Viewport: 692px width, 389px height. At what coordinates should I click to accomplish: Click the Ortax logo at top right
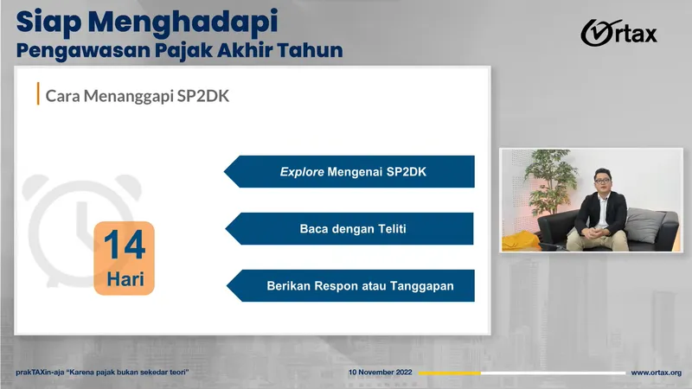pos(618,34)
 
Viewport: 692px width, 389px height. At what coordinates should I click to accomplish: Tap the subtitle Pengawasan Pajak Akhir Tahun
pos(180,50)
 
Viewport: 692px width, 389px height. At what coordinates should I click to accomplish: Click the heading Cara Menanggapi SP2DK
pos(137,95)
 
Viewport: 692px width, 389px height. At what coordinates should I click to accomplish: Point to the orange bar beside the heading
pos(38,94)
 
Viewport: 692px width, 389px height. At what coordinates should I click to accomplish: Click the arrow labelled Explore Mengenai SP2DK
pos(350,172)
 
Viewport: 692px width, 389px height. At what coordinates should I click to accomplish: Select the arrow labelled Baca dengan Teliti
pos(350,229)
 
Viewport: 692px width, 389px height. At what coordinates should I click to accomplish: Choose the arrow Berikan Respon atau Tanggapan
pos(350,286)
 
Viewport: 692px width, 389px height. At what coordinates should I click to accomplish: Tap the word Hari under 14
pos(124,281)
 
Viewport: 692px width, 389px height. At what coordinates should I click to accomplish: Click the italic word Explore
pos(301,172)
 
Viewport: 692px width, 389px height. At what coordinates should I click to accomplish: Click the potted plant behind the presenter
pos(549,177)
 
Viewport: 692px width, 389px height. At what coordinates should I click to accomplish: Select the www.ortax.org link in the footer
pos(656,373)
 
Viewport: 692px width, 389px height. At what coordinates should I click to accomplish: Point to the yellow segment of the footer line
pos(449,373)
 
